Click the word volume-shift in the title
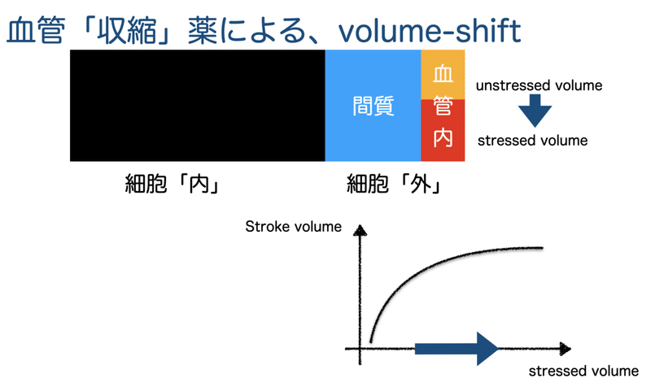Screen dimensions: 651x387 tap(430, 31)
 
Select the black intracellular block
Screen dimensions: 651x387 tap(197, 106)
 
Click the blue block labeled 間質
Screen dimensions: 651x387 tap(373, 106)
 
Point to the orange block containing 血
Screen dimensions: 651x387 tap(443, 75)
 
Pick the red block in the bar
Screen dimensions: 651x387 tap(443, 130)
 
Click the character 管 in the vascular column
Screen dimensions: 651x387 tap(443, 106)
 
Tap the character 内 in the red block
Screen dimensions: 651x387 tap(443, 137)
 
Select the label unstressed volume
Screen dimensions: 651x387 tap(539, 85)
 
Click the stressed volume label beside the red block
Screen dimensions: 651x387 tap(533, 141)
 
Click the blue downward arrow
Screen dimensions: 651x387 tap(535, 111)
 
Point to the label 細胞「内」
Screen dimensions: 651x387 tap(172, 184)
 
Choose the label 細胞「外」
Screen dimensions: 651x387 tap(394, 184)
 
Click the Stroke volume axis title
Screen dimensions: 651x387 tap(293, 227)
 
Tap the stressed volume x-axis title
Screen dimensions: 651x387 tap(583, 371)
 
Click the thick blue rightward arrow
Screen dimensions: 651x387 tap(457, 349)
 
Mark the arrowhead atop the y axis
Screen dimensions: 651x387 tap(360, 230)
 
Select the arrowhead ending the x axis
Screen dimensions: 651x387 tap(566, 349)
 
